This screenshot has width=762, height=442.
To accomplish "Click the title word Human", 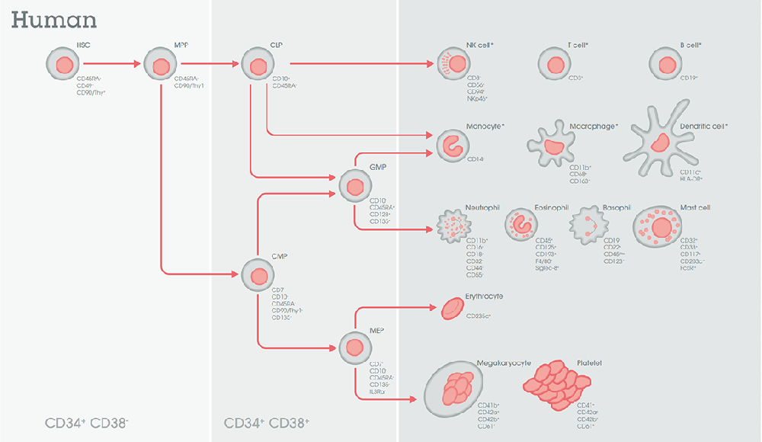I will [x=53, y=20].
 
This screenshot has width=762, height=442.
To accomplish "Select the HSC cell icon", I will [x=62, y=66].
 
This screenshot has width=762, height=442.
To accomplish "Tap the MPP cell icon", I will [x=160, y=66].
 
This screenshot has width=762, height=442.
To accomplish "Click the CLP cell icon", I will [x=257, y=66].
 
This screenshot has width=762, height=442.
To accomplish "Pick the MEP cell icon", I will [x=354, y=348].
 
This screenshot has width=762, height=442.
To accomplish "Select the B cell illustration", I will [x=666, y=66].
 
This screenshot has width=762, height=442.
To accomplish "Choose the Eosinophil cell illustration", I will [x=522, y=226].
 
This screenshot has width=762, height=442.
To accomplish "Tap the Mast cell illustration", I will [x=659, y=227].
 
